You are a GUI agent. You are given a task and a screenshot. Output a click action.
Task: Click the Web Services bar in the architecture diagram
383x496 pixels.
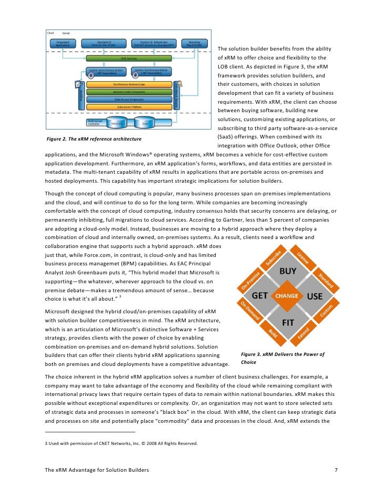tap(129, 58)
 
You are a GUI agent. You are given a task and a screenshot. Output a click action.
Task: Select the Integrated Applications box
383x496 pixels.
tap(63, 44)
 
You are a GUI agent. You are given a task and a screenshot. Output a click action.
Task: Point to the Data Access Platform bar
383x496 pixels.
tap(129, 107)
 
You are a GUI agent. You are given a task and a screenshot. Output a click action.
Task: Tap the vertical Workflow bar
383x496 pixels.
tap(81, 95)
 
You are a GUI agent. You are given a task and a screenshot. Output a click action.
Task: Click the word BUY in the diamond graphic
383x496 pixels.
tap(288, 272)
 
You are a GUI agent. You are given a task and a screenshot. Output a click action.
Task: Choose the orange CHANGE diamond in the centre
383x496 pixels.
tap(287, 296)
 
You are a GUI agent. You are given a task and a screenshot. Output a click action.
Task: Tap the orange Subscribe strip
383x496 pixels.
tap(274, 257)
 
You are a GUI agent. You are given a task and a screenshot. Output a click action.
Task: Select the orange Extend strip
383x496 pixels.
tap(304, 333)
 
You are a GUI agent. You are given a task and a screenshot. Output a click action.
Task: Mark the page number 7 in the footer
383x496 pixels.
tap(336, 469)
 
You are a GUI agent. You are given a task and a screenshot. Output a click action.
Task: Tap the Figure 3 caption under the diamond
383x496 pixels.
tap(282, 359)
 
